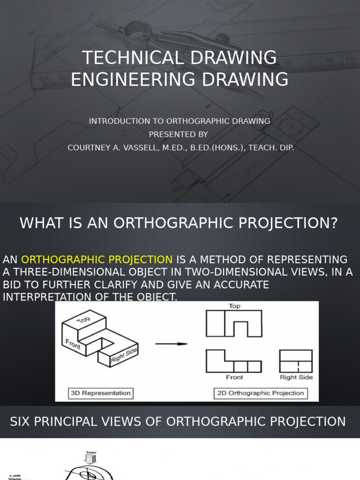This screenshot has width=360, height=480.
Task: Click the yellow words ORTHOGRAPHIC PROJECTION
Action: click(97, 259)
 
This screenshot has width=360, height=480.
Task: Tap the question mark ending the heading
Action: click(333, 223)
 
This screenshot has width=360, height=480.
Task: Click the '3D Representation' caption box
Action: click(100, 393)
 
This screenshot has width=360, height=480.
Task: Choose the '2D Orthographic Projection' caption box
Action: click(261, 393)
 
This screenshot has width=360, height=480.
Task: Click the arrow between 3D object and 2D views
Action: click(171, 344)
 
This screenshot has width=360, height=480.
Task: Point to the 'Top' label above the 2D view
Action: click(234, 306)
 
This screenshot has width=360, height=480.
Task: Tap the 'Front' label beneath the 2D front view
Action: click(234, 377)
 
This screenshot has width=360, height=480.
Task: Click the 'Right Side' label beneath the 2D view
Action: click(296, 377)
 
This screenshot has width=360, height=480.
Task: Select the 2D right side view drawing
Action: click(296, 361)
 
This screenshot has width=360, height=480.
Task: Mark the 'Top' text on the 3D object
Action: click(83, 319)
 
